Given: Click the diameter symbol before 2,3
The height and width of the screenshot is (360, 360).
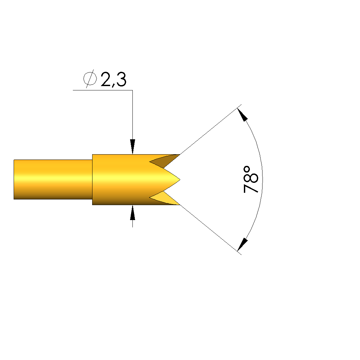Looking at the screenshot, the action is [90, 79].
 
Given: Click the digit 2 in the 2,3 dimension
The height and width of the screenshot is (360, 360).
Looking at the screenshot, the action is [106, 79].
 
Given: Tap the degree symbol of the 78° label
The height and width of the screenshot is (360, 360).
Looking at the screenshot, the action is [247, 169].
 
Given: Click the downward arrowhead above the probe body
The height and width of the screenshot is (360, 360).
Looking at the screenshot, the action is [132, 147].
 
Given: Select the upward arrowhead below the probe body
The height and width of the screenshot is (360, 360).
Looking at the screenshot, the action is [132, 213].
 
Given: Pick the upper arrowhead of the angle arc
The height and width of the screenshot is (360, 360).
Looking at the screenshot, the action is [242, 115].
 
